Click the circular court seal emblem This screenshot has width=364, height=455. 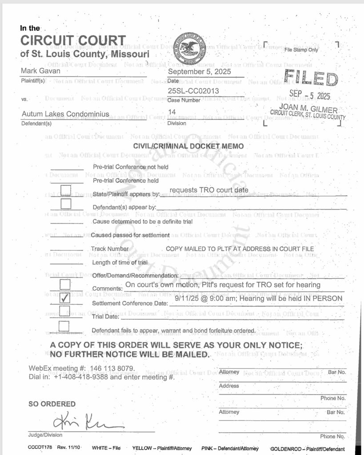coord(189,48)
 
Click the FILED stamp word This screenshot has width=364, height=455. coord(311,78)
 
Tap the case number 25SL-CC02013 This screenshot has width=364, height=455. coord(193,91)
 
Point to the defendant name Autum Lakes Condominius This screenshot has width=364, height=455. coord(65,114)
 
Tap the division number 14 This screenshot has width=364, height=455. coord(172,112)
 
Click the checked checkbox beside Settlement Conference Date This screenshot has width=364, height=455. coord(65,298)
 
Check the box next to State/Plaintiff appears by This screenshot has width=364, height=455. coord(66,190)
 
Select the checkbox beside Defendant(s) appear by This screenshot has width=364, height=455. coord(66,204)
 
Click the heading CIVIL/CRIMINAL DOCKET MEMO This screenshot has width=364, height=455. coord(188,146)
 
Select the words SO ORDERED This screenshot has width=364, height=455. coord(52,404)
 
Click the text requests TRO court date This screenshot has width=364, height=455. coord(209,190)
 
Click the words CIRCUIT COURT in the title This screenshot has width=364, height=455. coord(73,41)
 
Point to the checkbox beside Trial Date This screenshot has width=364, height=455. coord(65,312)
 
